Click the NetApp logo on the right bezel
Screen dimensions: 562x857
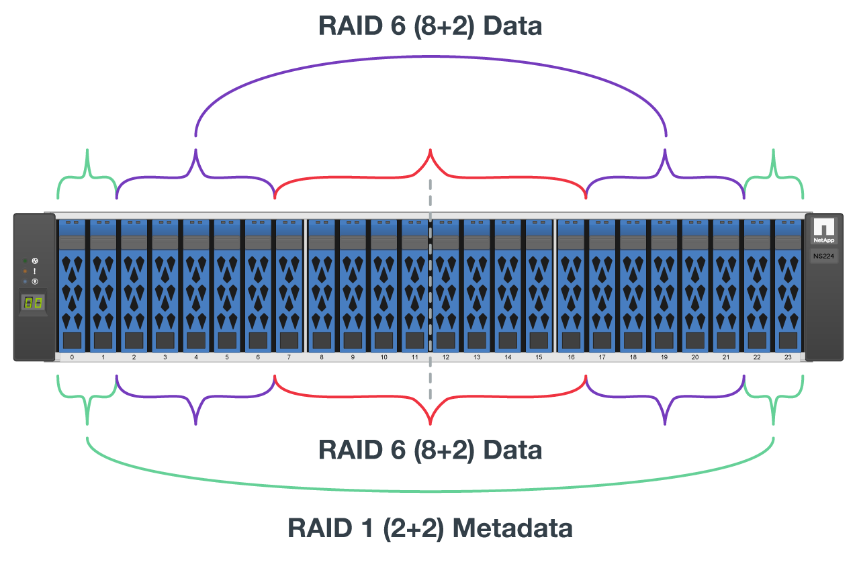(x=823, y=231)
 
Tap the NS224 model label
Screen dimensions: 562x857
(x=823, y=256)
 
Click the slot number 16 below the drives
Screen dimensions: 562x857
(x=571, y=358)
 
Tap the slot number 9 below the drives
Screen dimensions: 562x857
(x=353, y=358)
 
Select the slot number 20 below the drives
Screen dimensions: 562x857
(x=694, y=358)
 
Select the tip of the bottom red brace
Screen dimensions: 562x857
(x=430, y=423)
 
